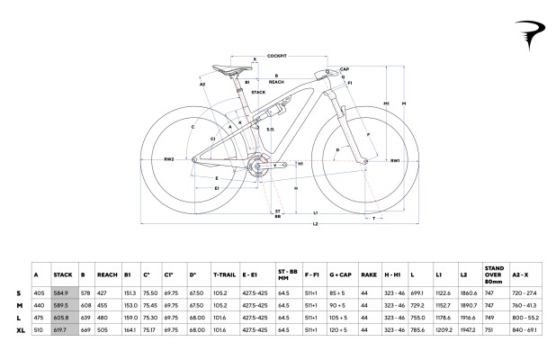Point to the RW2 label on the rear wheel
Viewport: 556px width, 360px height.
click(168, 159)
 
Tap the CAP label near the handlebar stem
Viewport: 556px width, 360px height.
click(345, 68)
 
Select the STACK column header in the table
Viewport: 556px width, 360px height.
click(62, 274)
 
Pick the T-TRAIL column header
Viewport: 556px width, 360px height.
click(223, 274)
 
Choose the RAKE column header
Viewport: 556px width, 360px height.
click(367, 274)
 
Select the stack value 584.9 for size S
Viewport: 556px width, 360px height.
click(62, 292)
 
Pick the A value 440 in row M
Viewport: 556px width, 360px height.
click(38, 305)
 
